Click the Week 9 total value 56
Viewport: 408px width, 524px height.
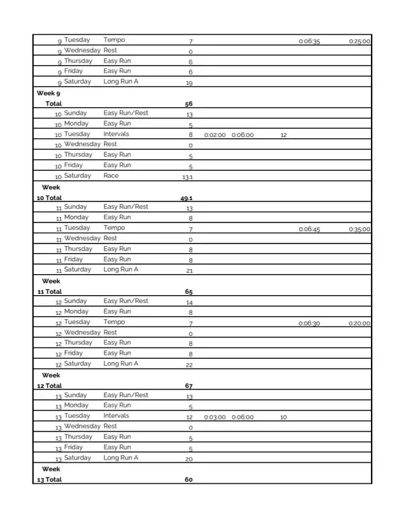[189, 103]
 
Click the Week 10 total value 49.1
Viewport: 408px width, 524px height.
[187, 198]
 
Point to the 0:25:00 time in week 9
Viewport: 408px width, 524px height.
[360, 41]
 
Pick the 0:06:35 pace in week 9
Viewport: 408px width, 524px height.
[309, 41]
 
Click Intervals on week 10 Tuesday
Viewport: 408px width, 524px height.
[116, 134]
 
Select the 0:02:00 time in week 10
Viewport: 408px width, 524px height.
[215, 135]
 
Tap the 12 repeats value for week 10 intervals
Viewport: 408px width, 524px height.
[284, 135]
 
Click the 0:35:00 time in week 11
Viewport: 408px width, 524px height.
[360, 229]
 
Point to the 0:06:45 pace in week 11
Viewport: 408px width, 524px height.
[309, 229]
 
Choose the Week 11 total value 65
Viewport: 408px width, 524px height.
[189, 292]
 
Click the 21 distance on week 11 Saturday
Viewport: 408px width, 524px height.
[189, 271]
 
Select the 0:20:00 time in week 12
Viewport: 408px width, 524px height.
[360, 324]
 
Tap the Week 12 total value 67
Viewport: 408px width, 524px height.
[189, 386]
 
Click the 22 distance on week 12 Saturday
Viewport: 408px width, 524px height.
[189, 365]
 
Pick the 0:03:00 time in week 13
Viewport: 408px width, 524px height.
[215, 418]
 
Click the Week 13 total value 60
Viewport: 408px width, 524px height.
[189, 480]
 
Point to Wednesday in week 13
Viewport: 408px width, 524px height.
[82, 426]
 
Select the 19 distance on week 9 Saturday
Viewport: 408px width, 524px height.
[189, 83]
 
